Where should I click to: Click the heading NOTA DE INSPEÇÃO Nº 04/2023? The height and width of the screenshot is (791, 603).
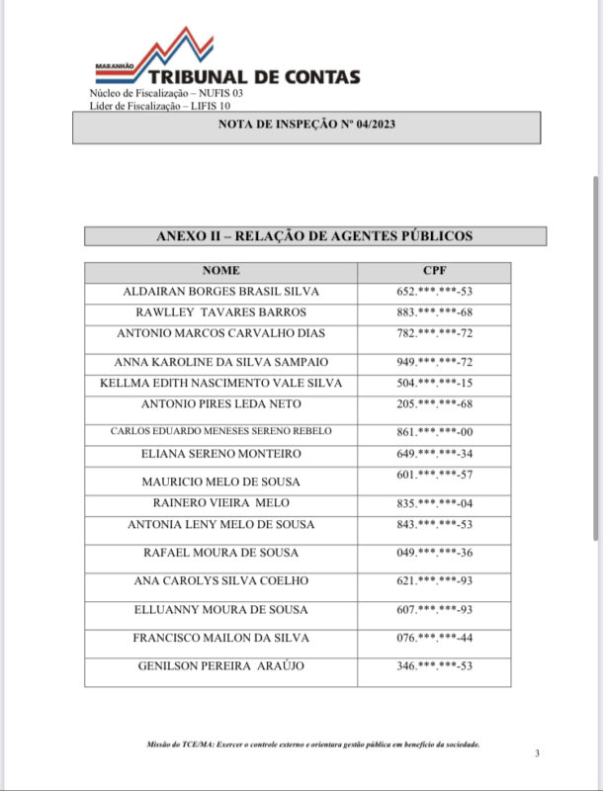click(306, 127)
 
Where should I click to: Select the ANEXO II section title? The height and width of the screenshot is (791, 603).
click(314, 236)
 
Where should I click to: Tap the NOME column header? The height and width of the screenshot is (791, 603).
click(220, 270)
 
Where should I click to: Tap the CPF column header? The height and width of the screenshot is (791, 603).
click(434, 270)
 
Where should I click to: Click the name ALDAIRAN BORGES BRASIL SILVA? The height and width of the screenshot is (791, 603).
click(220, 292)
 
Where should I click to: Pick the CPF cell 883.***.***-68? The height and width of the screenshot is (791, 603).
click(434, 312)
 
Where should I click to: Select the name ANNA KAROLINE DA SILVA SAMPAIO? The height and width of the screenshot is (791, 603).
click(220, 362)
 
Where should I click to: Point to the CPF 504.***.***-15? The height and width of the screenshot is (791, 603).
click(434, 383)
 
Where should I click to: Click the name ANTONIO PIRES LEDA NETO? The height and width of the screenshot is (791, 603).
click(220, 404)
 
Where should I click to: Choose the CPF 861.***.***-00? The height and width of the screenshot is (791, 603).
click(434, 432)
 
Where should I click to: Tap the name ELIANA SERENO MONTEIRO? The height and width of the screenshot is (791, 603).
click(220, 454)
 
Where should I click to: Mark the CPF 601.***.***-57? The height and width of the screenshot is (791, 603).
click(434, 476)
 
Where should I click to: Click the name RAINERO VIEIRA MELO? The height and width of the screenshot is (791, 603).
click(220, 503)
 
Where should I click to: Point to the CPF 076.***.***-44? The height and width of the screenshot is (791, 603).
click(434, 638)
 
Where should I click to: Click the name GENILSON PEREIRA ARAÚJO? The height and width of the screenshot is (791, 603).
click(220, 666)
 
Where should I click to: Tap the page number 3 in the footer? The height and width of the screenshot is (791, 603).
click(537, 754)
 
